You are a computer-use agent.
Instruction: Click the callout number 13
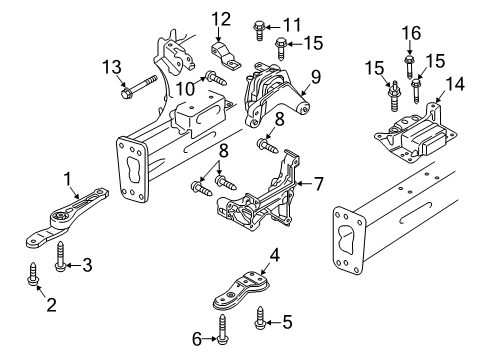click(112, 67)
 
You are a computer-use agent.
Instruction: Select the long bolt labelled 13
click(140, 87)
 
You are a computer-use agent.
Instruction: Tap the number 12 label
click(221, 19)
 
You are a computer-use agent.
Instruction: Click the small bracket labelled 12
click(226, 56)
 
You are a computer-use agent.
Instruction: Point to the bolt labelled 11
click(259, 30)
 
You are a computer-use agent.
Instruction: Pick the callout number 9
click(315, 77)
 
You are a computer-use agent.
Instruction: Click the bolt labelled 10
click(216, 79)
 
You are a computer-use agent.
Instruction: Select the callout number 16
click(412, 33)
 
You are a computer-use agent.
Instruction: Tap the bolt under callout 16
click(409, 68)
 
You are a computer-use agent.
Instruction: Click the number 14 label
click(455, 83)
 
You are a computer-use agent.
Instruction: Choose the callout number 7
click(318, 184)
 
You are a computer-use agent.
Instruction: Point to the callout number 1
click(68, 179)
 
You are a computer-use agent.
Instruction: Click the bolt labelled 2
click(33, 274)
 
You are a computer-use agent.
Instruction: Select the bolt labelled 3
click(60, 256)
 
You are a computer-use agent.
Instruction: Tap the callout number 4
click(275, 256)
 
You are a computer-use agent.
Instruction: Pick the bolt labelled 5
click(259, 317)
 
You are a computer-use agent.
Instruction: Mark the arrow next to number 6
click(209, 339)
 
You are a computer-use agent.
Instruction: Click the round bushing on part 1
click(60, 217)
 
